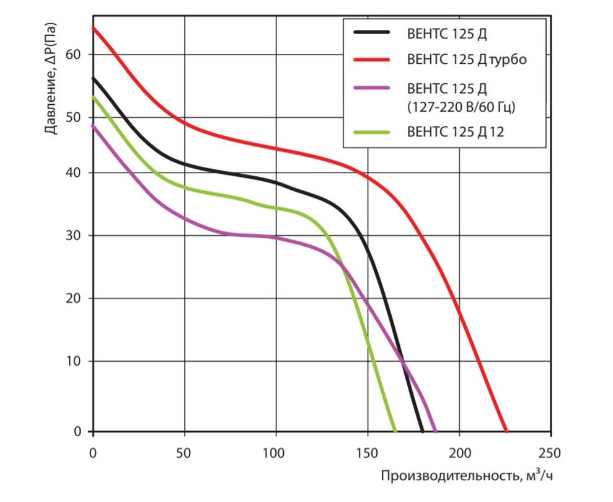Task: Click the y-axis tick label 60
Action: [x=75, y=55]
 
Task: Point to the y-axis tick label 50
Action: [x=75, y=117]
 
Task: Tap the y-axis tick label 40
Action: [x=75, y=173]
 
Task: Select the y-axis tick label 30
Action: [x=75, y=236]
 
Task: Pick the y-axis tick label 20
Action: [x=75, y=298]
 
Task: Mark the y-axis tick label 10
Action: [x=75, y=361]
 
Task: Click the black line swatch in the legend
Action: [x=371, y=33]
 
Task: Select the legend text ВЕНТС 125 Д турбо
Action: [x=467, y=60]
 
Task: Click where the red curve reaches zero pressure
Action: [x=506, y=431]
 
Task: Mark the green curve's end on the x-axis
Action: [x=395, y=431]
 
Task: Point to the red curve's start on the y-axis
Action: [x=93, y=28]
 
